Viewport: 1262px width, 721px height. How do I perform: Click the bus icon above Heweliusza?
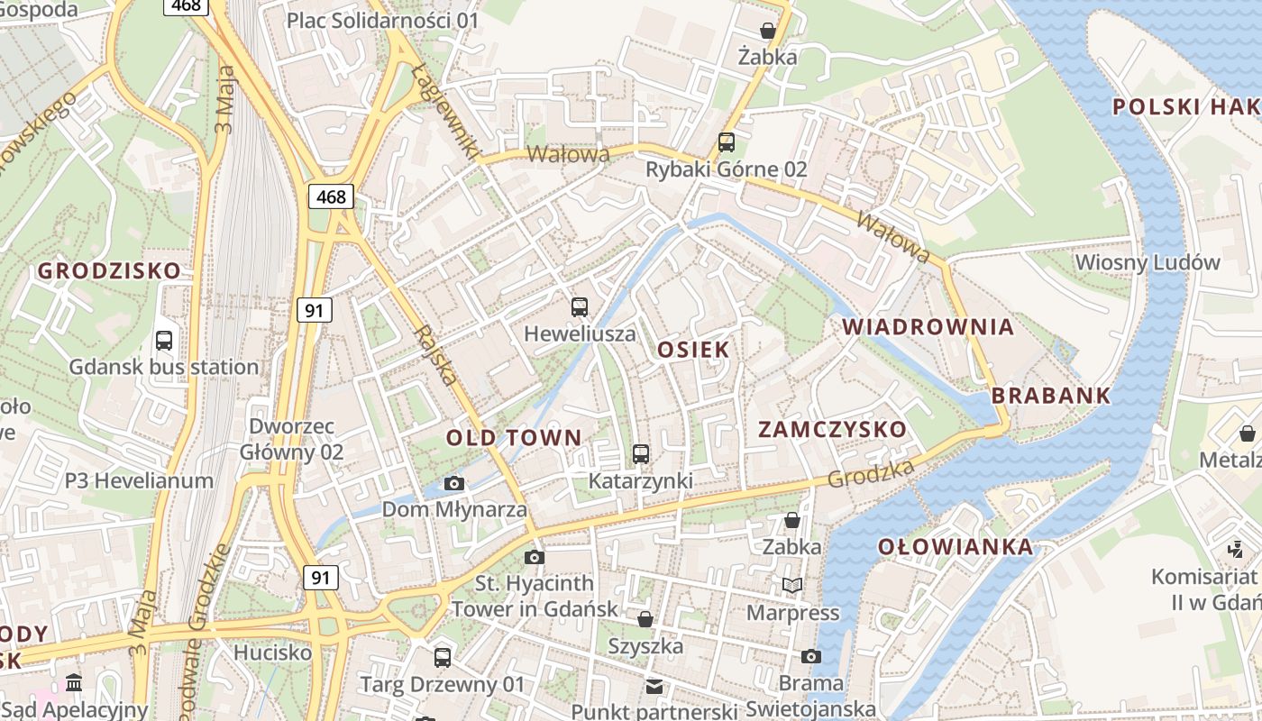pyautogui.click(x=580, y=307)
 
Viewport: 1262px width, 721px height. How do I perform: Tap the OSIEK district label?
pyautogui.click(x=692, y=350)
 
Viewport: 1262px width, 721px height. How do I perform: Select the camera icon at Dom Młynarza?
pyautogui.click(x=454, y=484)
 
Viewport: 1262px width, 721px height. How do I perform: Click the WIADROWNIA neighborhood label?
pyautogui.click(x=928, y=327)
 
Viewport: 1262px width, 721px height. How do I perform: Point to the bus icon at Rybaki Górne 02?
pyautogui.click(x=727, y=142)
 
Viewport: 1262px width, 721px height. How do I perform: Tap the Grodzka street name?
pyautogui.click(x=870, y=473)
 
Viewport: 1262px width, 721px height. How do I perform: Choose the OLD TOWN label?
pyautogui.click(x=514, y=438)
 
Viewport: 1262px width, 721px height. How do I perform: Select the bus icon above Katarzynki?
pyautogui.click(x=641, y=454)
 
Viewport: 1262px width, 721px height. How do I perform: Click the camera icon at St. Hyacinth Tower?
pyautogui.click(x=535, y=557)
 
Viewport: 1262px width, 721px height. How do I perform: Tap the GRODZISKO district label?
pyautogui.click(x=109, y=270)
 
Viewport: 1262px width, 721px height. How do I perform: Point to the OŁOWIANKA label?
pyautogui.click(x=956, y=547)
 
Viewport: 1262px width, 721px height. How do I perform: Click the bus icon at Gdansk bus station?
pyautogui.click(x=164, y=341)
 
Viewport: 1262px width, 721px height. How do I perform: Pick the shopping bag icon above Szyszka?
pyautogui.click(x=645, y=619)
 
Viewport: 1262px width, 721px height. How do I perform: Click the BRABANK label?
pyautogui.click(x=1051, y=396)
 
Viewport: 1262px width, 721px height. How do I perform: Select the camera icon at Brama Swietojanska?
pyautogui.click(x=811, y=656)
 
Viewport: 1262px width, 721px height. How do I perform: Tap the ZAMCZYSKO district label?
pyautogui.click(x=832, y=429)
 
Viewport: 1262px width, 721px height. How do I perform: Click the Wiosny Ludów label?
pyautogui.click(x=1148, y=263)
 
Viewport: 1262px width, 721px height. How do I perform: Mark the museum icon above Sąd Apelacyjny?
pyautogui.click(x=75, y=682)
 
